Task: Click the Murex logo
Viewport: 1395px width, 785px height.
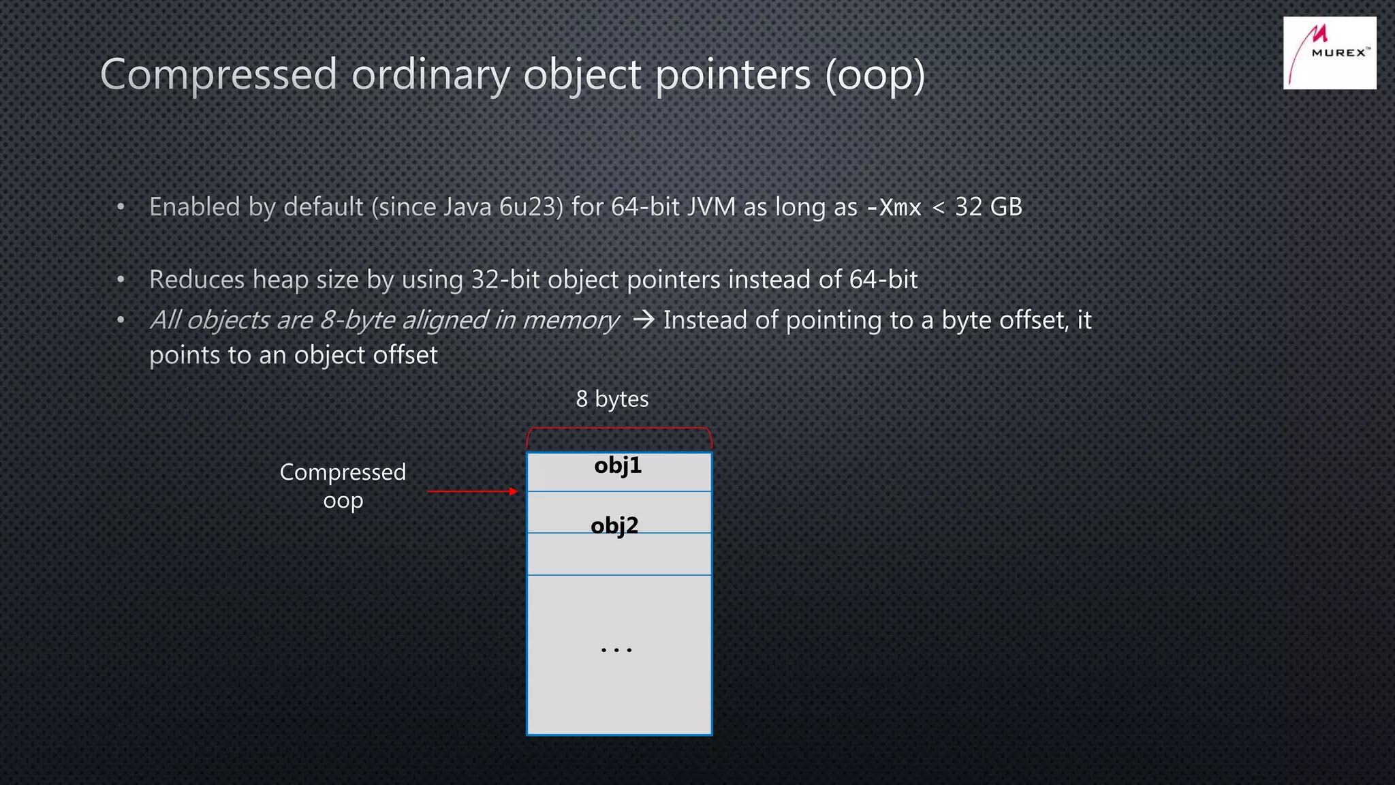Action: (x=1329, y=53)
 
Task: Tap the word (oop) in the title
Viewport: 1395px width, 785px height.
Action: (x=875, y=75)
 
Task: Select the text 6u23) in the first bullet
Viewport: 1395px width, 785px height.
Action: (x=531, y=207)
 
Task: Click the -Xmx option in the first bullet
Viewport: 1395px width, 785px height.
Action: (x=894, y=207)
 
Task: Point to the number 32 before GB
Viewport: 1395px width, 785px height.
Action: (x=968, y=207)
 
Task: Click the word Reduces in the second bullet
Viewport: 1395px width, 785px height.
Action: (x=197, y=280)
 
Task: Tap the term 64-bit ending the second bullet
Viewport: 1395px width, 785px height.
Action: (x=883, y=280)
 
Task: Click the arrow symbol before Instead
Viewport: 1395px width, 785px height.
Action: (x=643, y=320)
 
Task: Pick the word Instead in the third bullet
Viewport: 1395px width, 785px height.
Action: (x=705, y=320)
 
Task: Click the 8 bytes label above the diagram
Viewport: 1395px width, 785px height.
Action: (x=612, y=399)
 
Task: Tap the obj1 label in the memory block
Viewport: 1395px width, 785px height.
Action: (x=618, y=465)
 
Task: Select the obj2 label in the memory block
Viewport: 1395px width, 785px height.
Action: (x=614, y=525)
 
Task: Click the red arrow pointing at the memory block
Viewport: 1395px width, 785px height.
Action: (x=472, y=491)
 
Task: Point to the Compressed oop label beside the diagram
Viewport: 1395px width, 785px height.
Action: (x=343, y=486)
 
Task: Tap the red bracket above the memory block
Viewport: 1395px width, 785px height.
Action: (x=618, y=429)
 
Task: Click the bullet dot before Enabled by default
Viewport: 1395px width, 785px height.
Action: (x=121, y=207)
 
